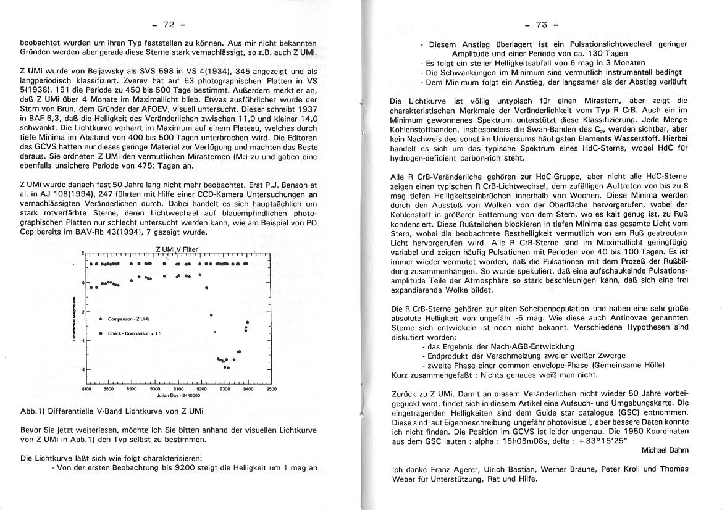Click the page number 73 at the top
click(540, 25)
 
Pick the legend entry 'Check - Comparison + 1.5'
click(134, 333)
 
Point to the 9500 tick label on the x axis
click(271, 390)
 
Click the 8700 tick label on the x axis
click(86, 390)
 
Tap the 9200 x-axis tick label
click(201, 390)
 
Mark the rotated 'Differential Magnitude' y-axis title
click(73, 324)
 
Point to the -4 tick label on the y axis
click(82, 341)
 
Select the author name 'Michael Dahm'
click(665, 450)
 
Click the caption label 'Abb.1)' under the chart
click(32, 411)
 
